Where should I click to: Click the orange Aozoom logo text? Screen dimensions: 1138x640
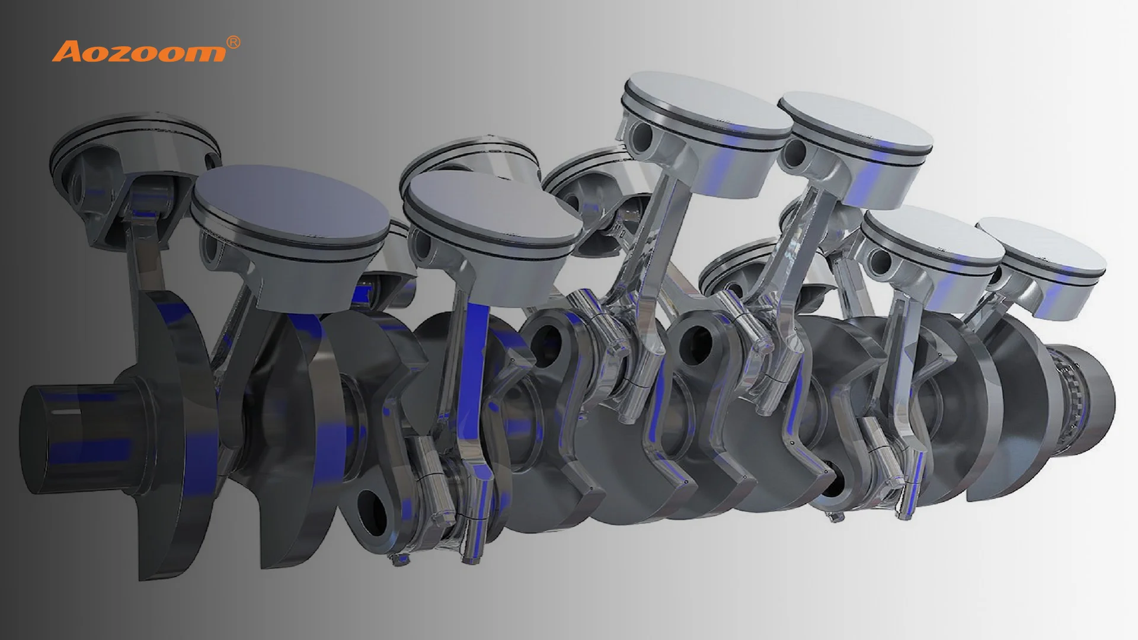point(139,52)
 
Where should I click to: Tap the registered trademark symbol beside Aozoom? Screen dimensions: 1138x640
point(234,43)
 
